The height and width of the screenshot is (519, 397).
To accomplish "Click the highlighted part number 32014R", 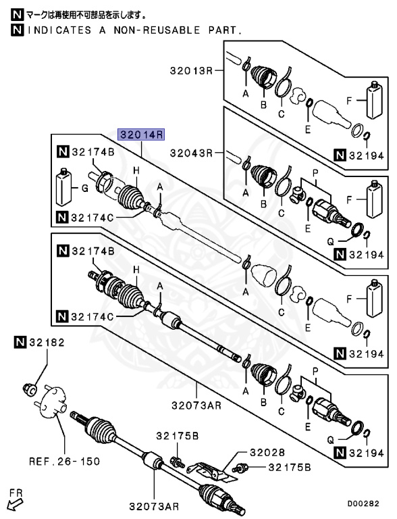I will [142, 134].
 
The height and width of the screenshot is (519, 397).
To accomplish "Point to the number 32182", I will [46, 343].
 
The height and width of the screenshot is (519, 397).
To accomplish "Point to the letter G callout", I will [84, 189].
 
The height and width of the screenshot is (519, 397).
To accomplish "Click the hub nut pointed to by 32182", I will [30, 389].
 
